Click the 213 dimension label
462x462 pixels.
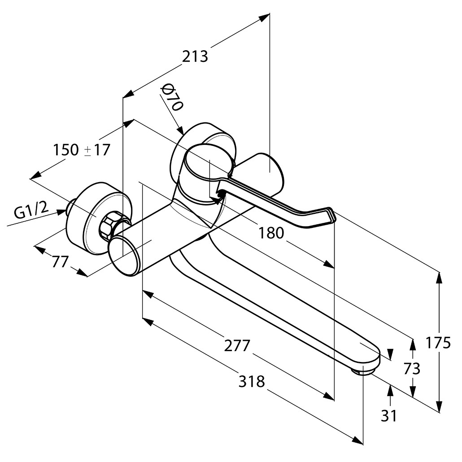[x=195, y=57]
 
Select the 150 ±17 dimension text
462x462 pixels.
[x=81, y=150]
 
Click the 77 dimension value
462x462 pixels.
[x=60, y=261]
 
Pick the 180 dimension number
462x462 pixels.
[x=271, y=233]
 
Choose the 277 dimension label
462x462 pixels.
[x=236, y=345]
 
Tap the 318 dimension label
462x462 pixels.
[x=251, y=382]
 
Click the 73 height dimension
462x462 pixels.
[x=411, y=368]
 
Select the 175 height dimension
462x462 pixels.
[x=438, y=343]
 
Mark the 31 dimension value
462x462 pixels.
[x=389, y=416]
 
